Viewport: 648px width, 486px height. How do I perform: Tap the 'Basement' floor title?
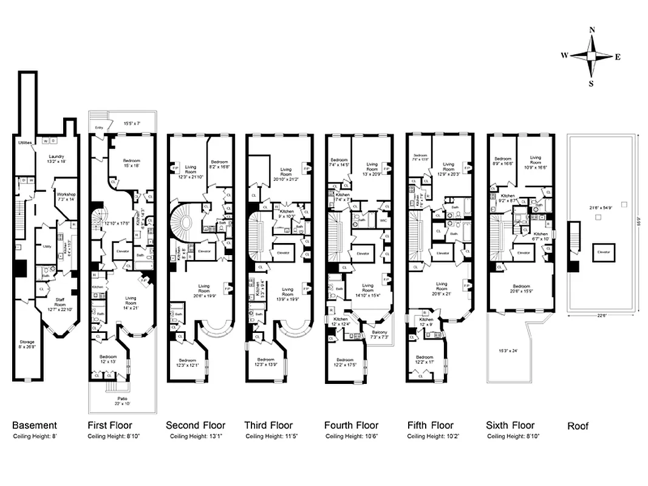point(35,425)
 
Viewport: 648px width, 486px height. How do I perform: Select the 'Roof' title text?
point(578,426)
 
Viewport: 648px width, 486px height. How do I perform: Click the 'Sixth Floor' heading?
point(510,425)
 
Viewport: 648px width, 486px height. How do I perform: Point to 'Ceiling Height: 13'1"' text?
point(195,436)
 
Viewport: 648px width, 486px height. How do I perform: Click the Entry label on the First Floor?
point(98,128)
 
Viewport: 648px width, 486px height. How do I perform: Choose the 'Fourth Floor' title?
point(351,425)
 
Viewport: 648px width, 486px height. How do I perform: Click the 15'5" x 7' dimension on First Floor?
point(131,123)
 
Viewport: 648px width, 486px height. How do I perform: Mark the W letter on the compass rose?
point(564,55)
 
